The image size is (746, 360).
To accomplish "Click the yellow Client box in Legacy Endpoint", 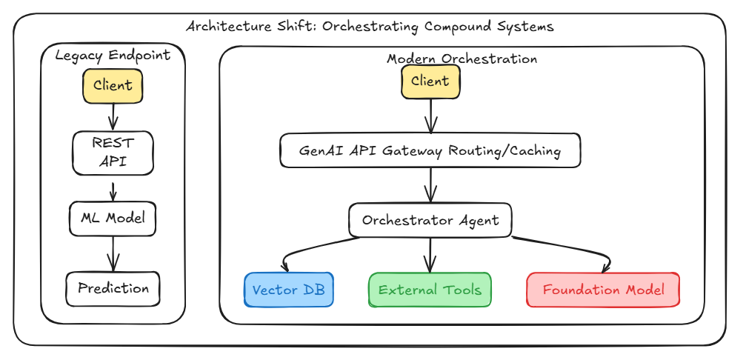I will tap(113, 85).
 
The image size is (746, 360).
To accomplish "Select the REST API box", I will tap(113, 153).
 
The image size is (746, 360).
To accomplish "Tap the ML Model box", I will tap(113, 219).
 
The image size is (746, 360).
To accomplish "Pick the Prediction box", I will tap(113, 288).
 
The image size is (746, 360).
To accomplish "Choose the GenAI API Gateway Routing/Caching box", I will tap(430, 151).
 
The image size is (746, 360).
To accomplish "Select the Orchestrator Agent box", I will tap(430, 220).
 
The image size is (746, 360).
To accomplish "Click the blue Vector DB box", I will tap(289, 290).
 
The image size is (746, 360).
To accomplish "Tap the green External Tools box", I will tap(430, 290).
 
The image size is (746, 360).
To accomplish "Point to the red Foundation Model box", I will tap(603, 290).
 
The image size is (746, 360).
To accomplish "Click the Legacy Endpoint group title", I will tap(113, 56).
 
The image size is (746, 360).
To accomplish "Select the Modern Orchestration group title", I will tap(462, 59).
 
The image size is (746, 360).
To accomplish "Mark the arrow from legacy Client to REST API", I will tap(113, 116).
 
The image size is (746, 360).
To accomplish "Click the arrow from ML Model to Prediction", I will tap(113, 253).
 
